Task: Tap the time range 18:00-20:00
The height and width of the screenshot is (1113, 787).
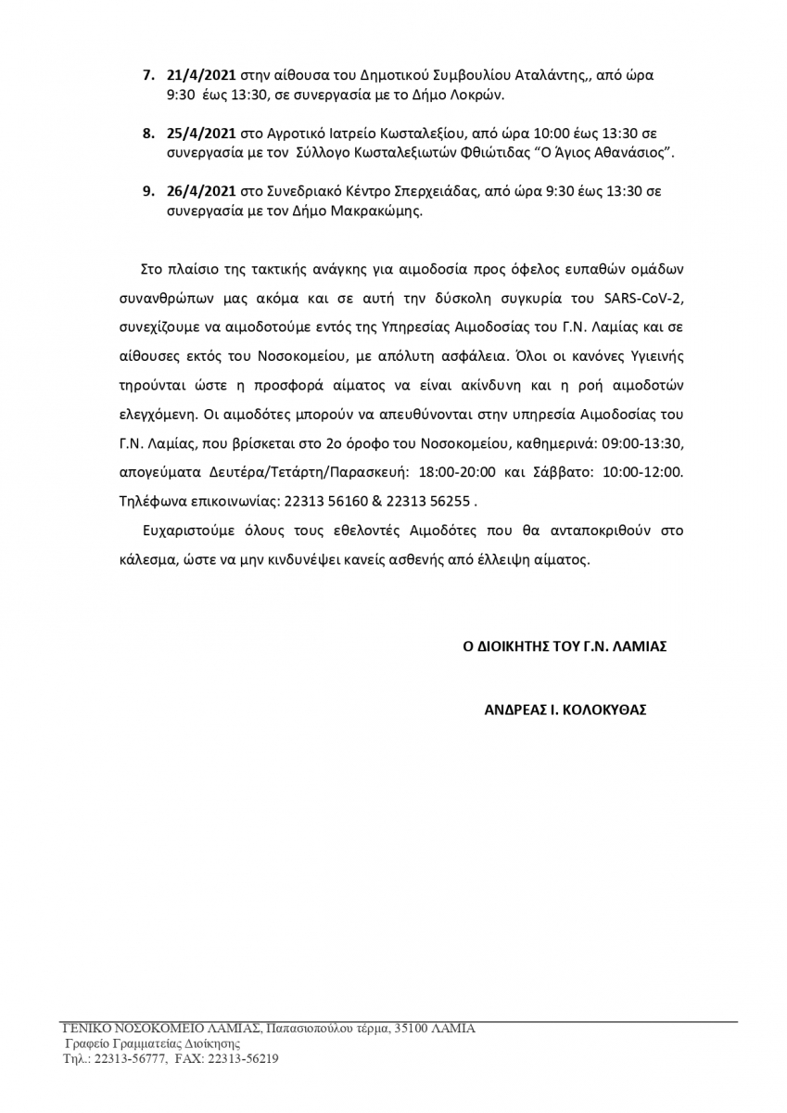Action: [x=459, y=471]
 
